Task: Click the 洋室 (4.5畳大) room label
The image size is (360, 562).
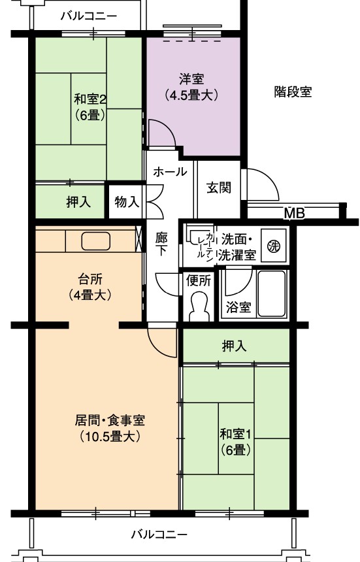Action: coord(191,87)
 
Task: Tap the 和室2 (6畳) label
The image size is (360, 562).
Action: coord(90,107)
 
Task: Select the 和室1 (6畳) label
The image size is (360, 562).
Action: coord(235,442)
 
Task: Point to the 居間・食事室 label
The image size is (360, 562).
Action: coord(110,420)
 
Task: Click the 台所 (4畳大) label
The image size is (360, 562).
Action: coord(90,286)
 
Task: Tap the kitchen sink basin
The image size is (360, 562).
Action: coord(95,241)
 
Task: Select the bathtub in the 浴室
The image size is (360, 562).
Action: coord(272,294)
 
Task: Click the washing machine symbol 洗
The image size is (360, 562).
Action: coord(274,246)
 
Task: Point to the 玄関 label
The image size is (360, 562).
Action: coord(218,188)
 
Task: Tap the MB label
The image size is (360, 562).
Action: coord(294,214)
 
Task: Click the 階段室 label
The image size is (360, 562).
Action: coord(293,91)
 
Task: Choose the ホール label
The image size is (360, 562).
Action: coord(170,172)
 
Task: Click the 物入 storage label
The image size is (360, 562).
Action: coord(127,202)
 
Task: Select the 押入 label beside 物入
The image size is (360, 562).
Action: coord(78,202)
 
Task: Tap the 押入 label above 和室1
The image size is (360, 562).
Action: coord(235,346)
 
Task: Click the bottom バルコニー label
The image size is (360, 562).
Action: coord(159,535)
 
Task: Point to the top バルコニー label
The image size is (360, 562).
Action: coord(89,16)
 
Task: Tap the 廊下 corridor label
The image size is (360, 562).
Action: coord(161,244)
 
